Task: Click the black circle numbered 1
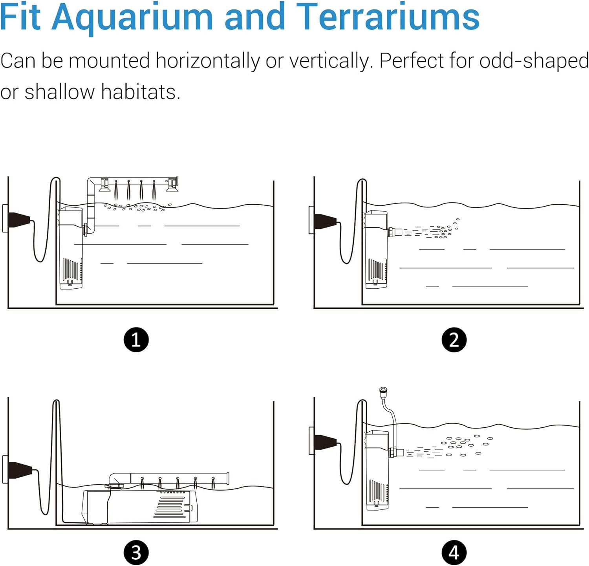click(136, 339)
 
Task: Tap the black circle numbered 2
click(454, 339)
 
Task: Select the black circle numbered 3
click(136, 553)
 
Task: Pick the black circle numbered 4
click(454, 553)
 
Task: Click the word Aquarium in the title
click(132, 18)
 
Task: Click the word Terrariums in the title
click(388, 18)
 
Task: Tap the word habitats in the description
click(140, 92)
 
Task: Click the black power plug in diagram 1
click(18, 219)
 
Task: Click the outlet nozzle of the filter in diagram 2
click(395, 232)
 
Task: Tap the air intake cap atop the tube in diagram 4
click(383, 391)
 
